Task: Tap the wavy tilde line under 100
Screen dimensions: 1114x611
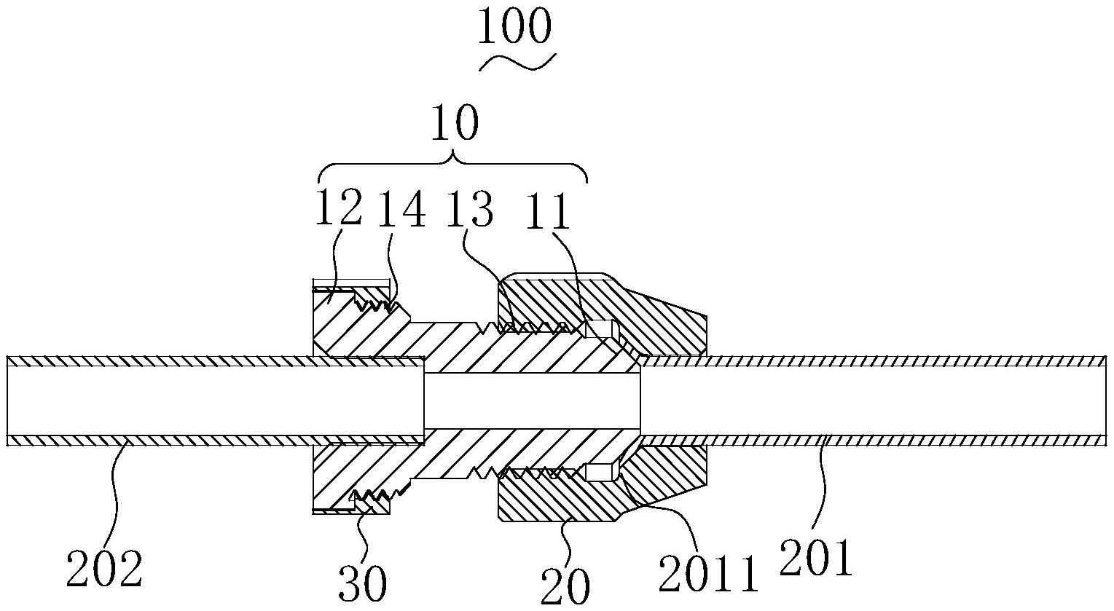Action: pos(517,63)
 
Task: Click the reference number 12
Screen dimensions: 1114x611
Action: pos(337,209)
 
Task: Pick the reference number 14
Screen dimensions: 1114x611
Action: pos(402,209)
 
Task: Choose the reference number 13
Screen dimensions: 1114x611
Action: pos(470,209)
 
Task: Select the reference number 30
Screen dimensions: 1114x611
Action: pos(363,583)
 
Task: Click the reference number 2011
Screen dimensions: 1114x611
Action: pos(708,574)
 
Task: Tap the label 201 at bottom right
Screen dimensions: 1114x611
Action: pos(815,559)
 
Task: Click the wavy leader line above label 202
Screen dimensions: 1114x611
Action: pos(118,492)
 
